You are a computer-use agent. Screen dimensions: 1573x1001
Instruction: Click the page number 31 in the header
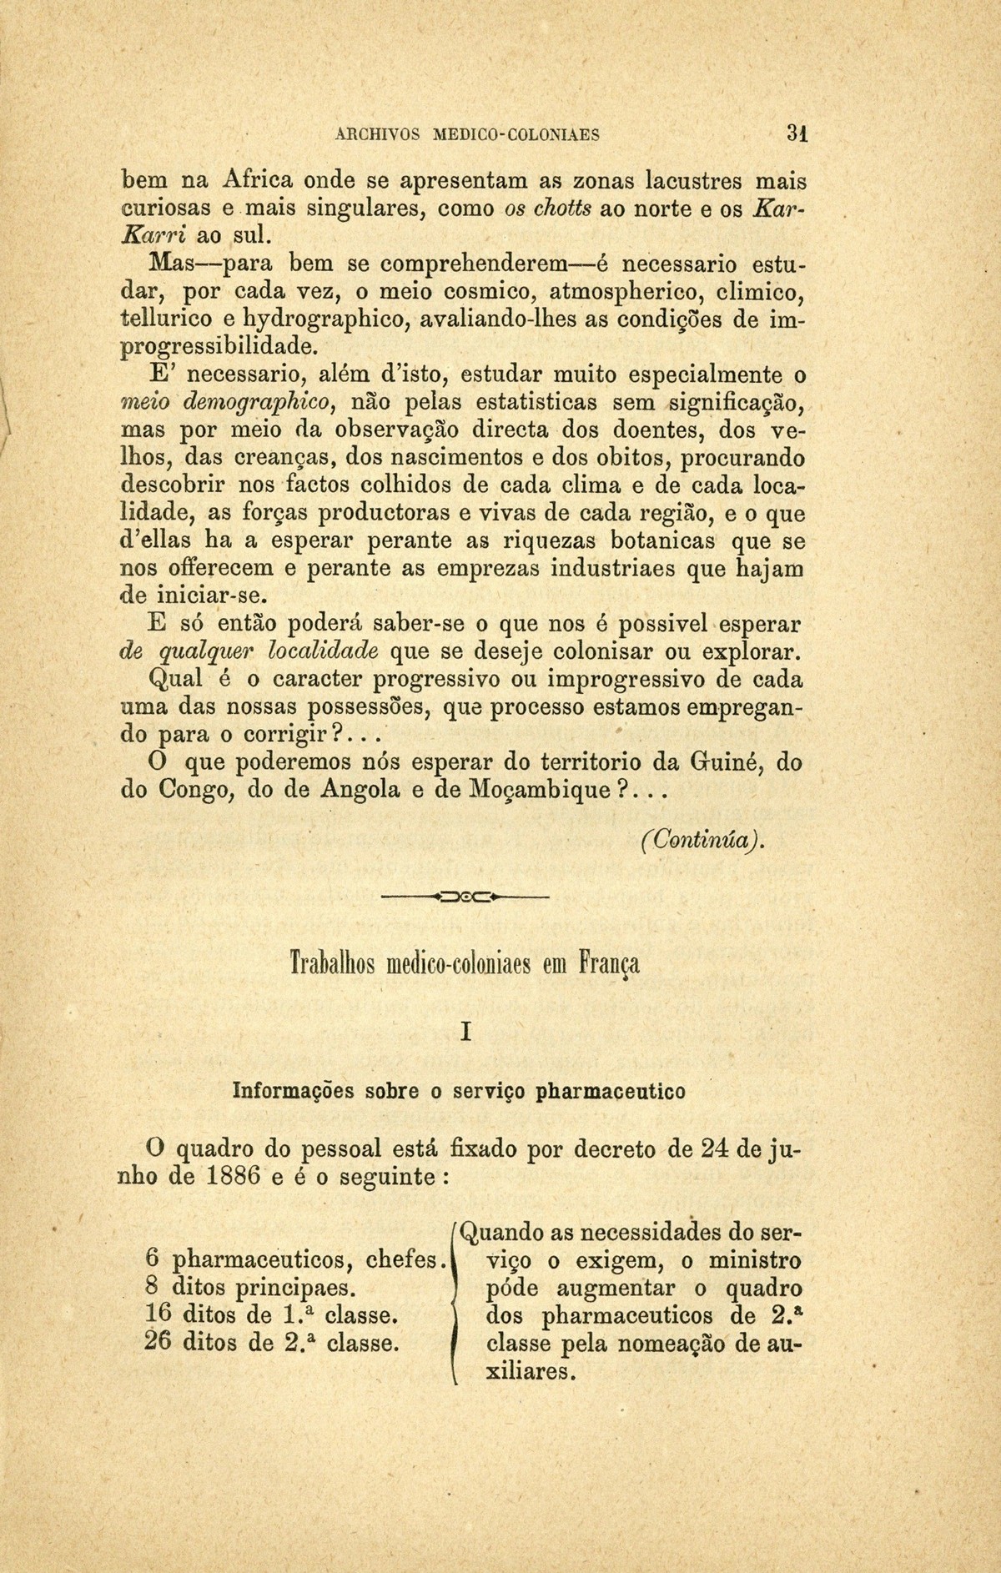tap(797, 133)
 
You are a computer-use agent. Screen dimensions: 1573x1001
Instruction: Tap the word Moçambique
tap(531, 789)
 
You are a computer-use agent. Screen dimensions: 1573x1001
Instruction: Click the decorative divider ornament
tap(465, 898)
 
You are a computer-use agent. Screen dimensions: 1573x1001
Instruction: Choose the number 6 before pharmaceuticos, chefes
tap(140, 1260)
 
